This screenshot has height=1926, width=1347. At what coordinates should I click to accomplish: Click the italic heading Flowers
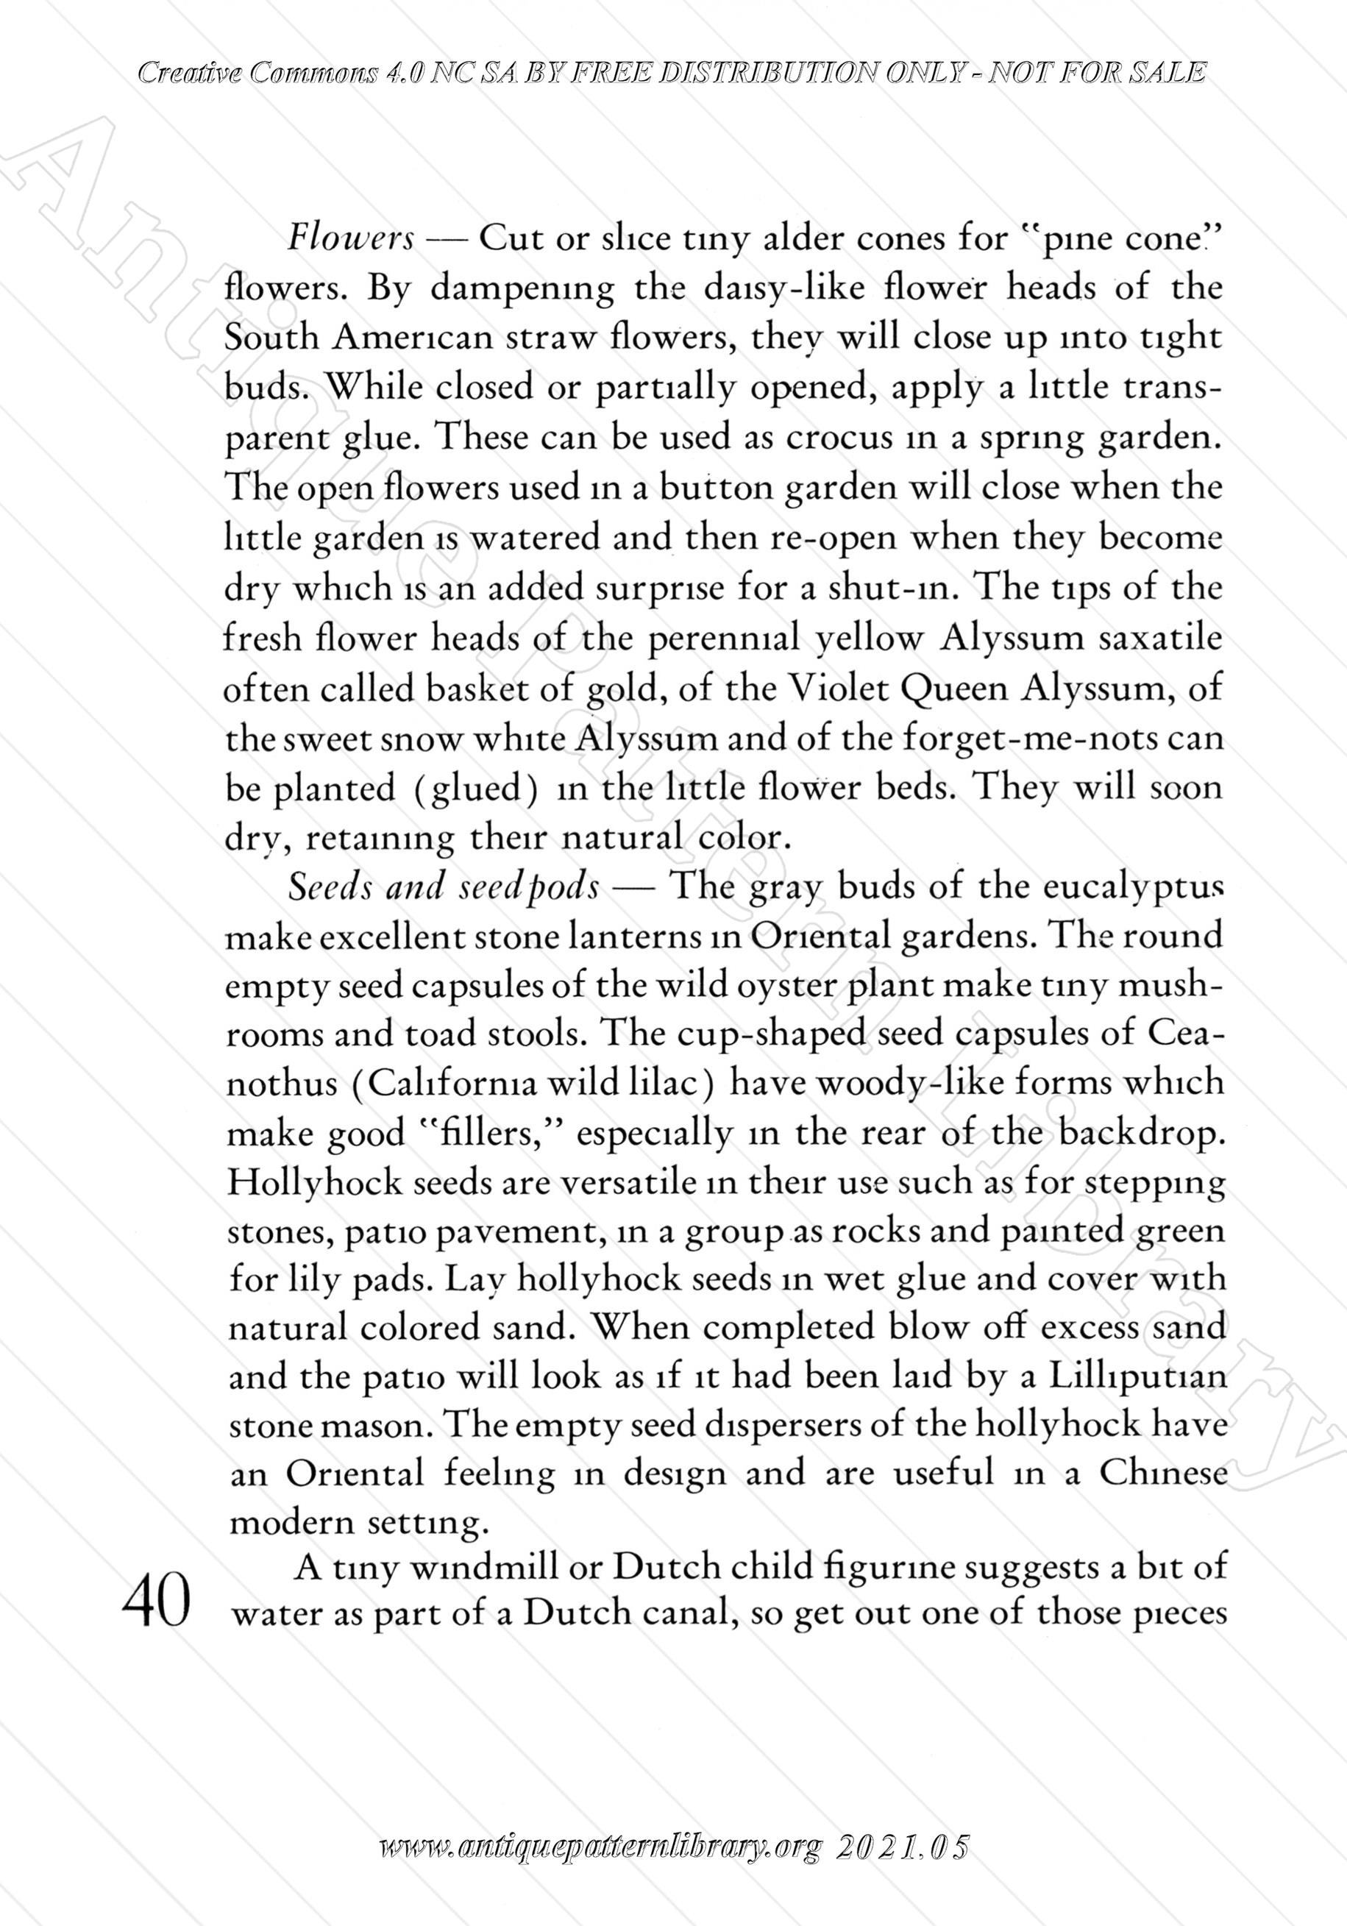pos(351,240)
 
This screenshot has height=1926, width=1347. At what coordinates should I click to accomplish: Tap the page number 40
pos(156,1605)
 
